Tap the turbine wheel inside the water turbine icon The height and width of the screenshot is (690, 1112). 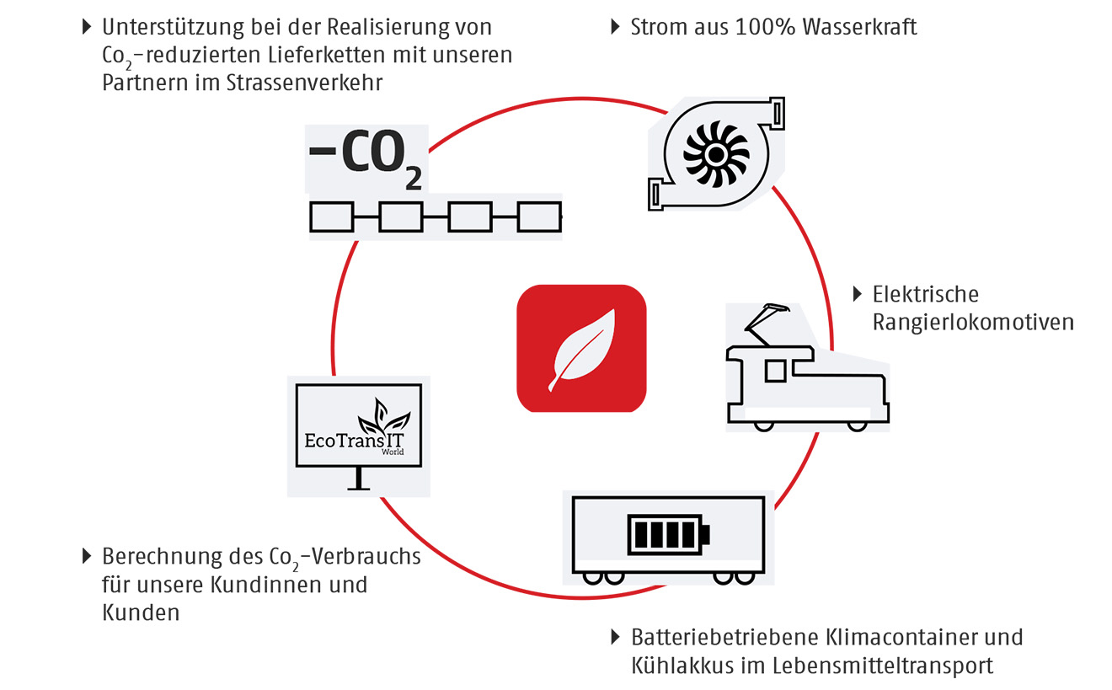(715, 155)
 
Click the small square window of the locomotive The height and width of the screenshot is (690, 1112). (774, 368)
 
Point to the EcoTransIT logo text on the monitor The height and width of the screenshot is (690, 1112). (353, 440)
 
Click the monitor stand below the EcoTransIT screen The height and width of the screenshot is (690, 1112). (360, 480)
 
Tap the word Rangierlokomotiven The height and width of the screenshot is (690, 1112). (973, 323)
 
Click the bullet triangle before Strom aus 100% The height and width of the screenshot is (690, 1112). (615, 27)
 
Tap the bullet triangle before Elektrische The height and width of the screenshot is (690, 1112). (858, 294)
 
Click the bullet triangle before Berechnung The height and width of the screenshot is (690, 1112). (86, 556)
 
